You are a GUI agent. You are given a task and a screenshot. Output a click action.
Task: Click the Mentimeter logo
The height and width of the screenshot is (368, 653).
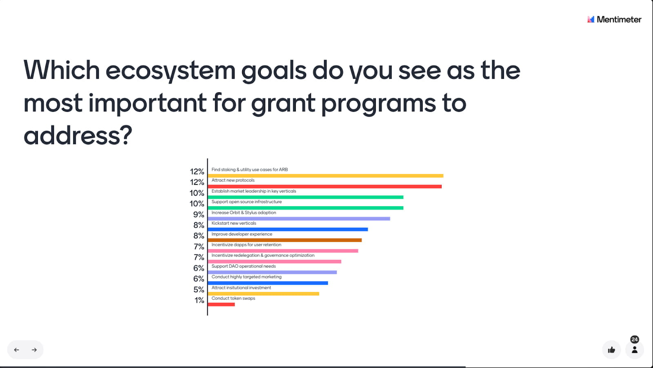click(614, 20)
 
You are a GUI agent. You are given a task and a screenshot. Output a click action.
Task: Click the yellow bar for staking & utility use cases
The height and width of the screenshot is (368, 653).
click(326, 176)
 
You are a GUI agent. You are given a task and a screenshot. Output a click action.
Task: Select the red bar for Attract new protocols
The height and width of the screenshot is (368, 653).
click(325, 186)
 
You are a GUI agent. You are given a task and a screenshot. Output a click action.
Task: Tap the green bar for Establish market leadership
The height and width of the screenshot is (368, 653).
click(306, 197)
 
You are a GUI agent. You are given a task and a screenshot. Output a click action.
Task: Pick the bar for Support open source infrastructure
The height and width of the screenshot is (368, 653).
click(306, 208)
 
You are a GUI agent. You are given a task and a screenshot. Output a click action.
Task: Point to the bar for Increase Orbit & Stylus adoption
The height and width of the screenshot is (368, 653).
click(299, 219)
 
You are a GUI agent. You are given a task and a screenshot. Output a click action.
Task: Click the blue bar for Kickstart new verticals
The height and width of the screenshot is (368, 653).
click(288, 229)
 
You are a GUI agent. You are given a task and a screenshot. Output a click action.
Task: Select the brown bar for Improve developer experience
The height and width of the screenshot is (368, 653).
click(285, 240)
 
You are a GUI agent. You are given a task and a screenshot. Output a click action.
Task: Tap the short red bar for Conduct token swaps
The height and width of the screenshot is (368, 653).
click(221, 304)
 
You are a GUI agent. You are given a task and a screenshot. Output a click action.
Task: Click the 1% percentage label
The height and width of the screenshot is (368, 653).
click(200, 300)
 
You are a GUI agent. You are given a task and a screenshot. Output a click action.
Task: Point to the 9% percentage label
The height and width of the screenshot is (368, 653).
click(198, 215)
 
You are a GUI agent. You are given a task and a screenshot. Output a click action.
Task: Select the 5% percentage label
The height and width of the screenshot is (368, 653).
click(199, 290)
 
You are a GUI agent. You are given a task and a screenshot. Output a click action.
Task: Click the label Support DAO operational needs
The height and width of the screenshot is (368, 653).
click(243, 266)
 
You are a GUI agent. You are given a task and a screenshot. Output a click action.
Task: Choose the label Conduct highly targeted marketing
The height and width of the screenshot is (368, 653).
click(247, 277)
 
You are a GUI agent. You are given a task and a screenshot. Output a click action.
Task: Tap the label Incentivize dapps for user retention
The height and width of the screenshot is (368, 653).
click(247, 245)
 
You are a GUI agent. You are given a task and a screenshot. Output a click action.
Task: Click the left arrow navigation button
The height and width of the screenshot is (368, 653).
click(17, 350)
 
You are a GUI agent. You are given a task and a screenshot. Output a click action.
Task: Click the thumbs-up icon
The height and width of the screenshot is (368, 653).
click(612, 350)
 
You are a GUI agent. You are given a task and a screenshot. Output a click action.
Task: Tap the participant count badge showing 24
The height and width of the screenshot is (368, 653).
click(635, 339)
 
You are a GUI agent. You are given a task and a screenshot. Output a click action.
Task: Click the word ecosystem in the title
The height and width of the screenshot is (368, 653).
click(170, 71)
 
